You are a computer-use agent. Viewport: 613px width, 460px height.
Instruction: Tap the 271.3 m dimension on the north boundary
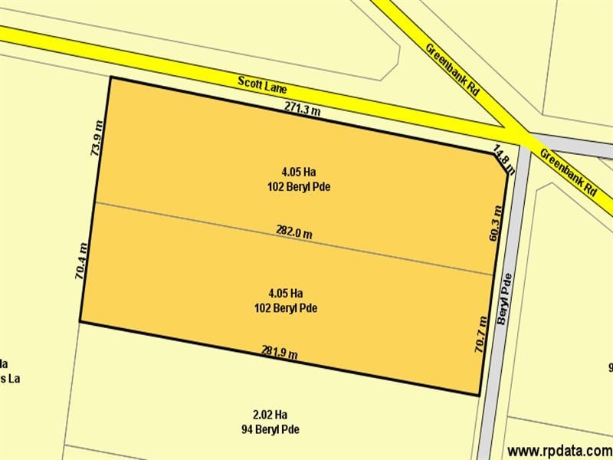(302, 110)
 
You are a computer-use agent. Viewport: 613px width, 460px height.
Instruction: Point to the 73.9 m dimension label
(97, 138)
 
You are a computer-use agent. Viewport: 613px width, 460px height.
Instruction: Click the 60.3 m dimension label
(496, 223)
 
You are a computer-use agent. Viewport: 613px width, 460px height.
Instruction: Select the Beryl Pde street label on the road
(503, 299)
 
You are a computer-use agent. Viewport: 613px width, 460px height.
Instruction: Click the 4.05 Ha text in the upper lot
(293, 171)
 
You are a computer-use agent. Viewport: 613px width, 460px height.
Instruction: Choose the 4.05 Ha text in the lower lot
(286, 293)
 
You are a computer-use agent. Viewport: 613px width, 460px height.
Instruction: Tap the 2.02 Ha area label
(270, 414)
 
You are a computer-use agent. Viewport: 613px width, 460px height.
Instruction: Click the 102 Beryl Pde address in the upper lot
(293, 186)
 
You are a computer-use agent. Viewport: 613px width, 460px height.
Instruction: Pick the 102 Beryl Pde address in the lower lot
(286, 308)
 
